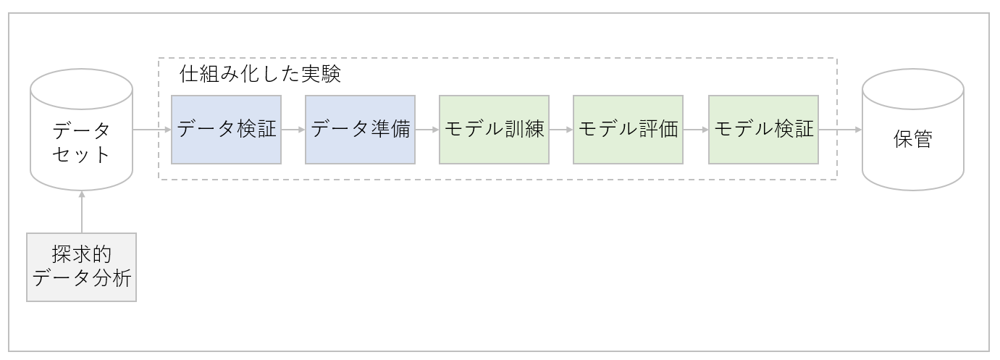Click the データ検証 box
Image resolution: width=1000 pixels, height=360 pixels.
[226, 130]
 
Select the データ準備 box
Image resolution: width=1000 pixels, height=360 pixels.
[360, 130]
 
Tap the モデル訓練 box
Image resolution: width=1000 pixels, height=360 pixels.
[494, 130]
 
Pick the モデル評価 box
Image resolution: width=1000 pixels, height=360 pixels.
[628, 130]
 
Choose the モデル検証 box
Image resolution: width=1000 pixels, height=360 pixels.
[763, 130]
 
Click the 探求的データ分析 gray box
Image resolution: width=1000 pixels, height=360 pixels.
[81, 267]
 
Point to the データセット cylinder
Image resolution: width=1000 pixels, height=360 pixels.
[81, 130]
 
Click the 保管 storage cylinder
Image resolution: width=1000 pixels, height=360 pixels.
[912, 130]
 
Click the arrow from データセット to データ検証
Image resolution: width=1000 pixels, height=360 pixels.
[152, 130]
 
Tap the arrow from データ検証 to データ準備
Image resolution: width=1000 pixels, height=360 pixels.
[293, 130]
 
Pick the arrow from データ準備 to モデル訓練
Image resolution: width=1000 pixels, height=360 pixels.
[427, 130]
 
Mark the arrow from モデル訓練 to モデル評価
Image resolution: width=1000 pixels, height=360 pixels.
[561, 130]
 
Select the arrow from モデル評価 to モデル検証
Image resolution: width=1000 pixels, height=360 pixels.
[695, 130]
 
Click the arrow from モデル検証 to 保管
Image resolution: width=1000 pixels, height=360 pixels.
[840, 130]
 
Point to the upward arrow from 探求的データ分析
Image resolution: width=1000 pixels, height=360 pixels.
[81, 212]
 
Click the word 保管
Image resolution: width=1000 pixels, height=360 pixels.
[912, 139]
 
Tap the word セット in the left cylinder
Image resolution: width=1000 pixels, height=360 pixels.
[81, 154]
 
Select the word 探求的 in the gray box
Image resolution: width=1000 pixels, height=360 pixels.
[81, 254]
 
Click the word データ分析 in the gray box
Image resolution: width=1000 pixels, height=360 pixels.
[81, 277]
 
